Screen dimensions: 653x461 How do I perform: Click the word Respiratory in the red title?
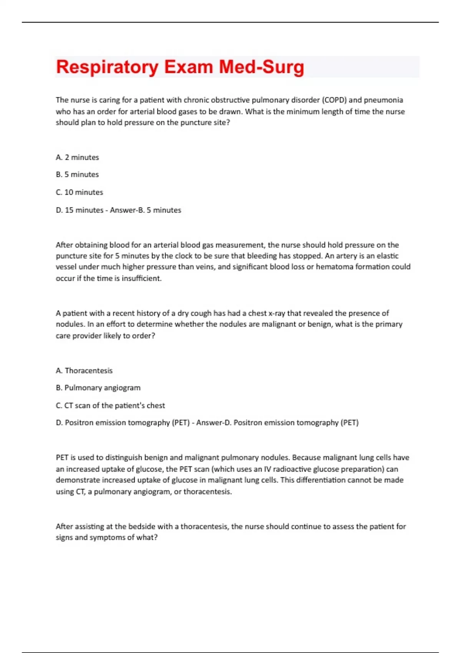[107, 67]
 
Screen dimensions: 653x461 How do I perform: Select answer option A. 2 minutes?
[77, 157]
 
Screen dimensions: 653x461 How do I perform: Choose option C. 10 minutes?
[80, 192]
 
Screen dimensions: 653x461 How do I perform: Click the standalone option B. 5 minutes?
[77, 175]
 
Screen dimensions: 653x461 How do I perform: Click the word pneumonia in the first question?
[383, 100]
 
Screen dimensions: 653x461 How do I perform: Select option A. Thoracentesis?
[84, 371]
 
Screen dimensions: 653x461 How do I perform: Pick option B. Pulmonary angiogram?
[98, 388]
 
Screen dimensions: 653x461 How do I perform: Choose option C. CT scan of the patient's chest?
[110, 406]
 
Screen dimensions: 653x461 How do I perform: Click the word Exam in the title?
[189, 67]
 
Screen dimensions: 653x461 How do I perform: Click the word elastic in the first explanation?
[387, 256]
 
